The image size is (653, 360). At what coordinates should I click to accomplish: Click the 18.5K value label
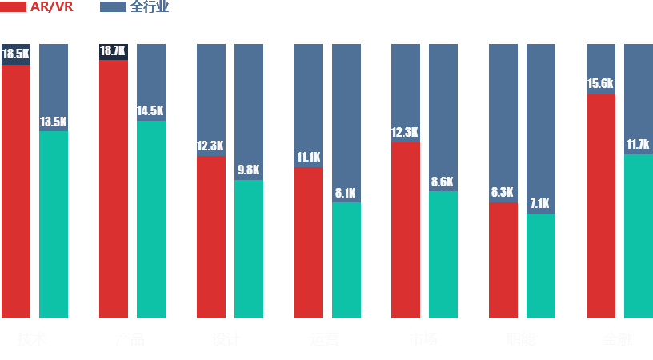[x=16, y=54]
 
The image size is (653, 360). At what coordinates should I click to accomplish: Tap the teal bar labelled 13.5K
[x=53, y=225]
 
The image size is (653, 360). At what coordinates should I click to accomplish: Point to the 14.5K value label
[x=150, y=111]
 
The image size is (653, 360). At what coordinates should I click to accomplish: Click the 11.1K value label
[x=308, y=157]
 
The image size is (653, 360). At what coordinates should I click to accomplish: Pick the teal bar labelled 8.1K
[x=346, y=261]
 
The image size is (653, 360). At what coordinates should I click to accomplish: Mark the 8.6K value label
[x=443, y=182]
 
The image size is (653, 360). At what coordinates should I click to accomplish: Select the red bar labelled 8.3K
[x=503, y=261]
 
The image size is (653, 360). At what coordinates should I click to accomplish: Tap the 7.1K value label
[x=540, y=203]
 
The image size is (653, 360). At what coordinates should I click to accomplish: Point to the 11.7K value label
[x=638, y=144]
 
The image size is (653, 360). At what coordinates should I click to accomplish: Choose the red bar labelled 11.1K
[x=308, y=243]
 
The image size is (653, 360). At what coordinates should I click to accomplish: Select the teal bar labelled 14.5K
[x=150, y=220]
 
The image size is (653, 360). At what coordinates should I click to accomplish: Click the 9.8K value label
[x=248, y=170]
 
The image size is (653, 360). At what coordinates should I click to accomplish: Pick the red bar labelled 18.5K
[x=16, y=192]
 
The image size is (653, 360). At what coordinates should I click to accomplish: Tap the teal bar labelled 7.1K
[x=540, y=266]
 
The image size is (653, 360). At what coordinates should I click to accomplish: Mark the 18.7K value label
[x=113, y=50]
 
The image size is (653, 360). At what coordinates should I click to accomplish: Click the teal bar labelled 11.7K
[x=638, y=237]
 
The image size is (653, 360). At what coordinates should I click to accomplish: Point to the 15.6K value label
[x=600, y=83]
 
